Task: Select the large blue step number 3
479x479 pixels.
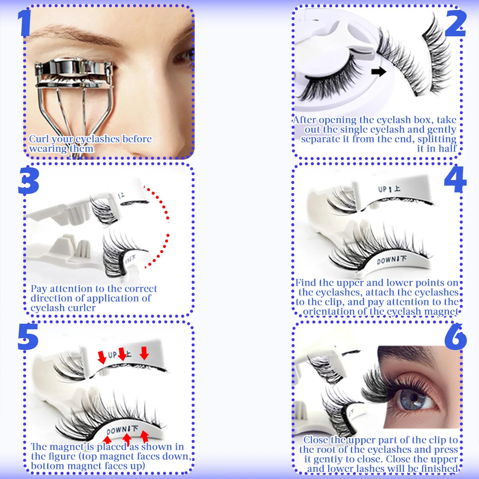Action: tap(28, 182)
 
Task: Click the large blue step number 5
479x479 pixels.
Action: tap(28, 338)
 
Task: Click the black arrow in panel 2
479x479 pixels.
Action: tap(378, 72)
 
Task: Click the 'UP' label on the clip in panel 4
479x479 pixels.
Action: tap(382, 189)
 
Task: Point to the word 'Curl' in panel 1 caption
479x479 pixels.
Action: tap(39, 139)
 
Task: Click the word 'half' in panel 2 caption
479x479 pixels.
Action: tap(447, 148)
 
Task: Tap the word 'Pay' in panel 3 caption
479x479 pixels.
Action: tap(39, 289)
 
